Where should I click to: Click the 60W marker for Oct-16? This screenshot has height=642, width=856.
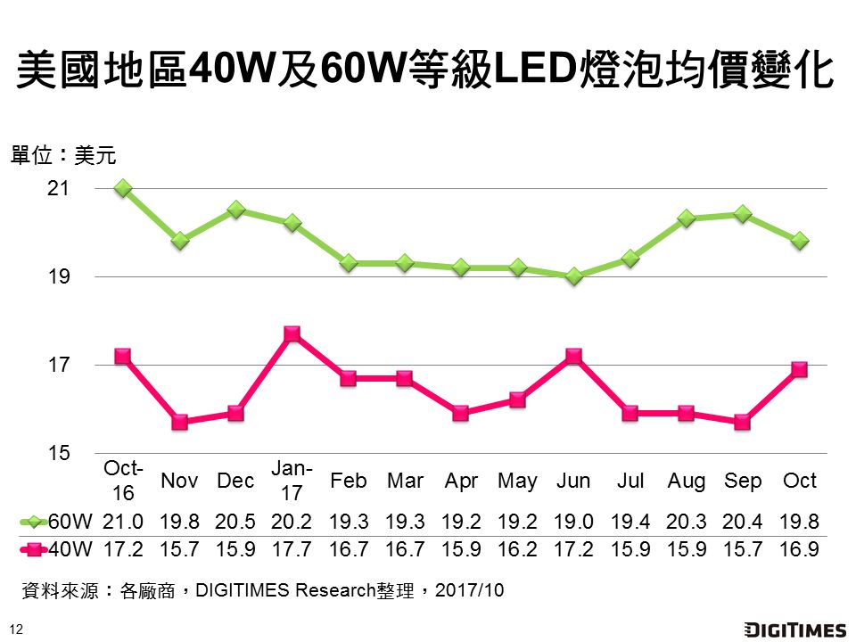(123, 188)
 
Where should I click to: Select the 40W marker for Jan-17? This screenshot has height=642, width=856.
(292, 334)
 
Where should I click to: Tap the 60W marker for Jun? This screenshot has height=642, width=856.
(574, 276)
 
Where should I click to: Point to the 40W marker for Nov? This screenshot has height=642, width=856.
(179, 422)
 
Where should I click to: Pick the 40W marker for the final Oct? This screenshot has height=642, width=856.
(800, 369)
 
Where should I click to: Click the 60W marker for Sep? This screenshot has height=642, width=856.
(744, 214)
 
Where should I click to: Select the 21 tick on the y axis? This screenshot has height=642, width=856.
(59, 189)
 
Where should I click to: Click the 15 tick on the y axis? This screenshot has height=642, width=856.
(59, 453)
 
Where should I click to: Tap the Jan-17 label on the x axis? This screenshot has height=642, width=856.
(292, 480)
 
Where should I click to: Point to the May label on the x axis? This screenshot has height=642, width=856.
(517, 481)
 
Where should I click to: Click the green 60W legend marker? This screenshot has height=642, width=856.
(34, 521)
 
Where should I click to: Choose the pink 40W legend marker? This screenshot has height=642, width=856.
(34, 549)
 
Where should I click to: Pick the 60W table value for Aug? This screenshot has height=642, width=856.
(687, 521)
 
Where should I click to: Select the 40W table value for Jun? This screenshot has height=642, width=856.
(574, 549)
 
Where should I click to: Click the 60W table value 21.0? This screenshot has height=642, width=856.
(123, 521)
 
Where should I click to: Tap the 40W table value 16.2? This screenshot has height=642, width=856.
(517, 549)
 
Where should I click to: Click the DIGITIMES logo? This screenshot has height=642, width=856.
(794, 630)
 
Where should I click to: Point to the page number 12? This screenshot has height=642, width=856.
(15, 629)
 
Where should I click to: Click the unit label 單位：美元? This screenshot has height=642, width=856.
(63, 155)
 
